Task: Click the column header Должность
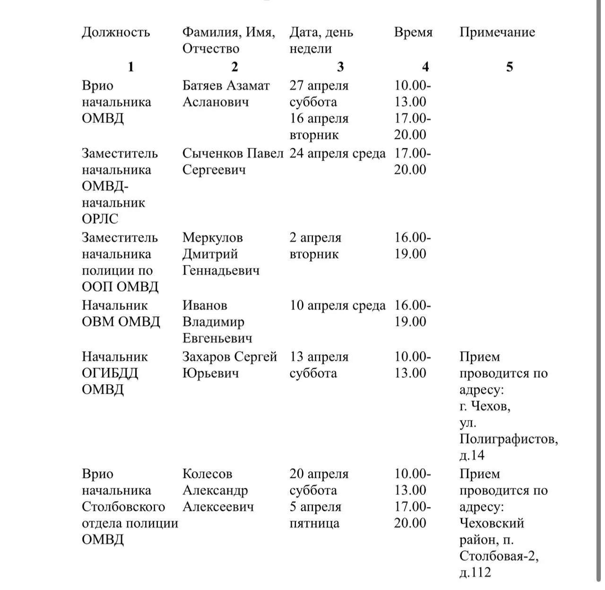pos(116,32)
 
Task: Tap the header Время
pos(413,32)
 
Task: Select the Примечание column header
pos(497,32)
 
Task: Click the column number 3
pos(340,67)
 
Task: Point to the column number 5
pos(509,67)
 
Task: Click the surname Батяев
pos(202,86)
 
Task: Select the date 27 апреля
pos(319,86)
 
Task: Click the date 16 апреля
pos(319,118)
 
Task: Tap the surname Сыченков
pos(213,153)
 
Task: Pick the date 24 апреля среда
pos(337,153)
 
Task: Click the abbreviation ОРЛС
pos(100,219)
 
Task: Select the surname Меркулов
pos(212,237)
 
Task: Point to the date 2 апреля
pos(315,237)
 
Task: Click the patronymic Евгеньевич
pos(217,338)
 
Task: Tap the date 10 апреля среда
pos(337,305)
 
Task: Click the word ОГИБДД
pos(110,373)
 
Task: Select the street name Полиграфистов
pos(509,439)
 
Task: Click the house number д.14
pos(472,455)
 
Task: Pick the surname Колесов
pos(207,474)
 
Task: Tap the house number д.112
pos(475,573)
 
